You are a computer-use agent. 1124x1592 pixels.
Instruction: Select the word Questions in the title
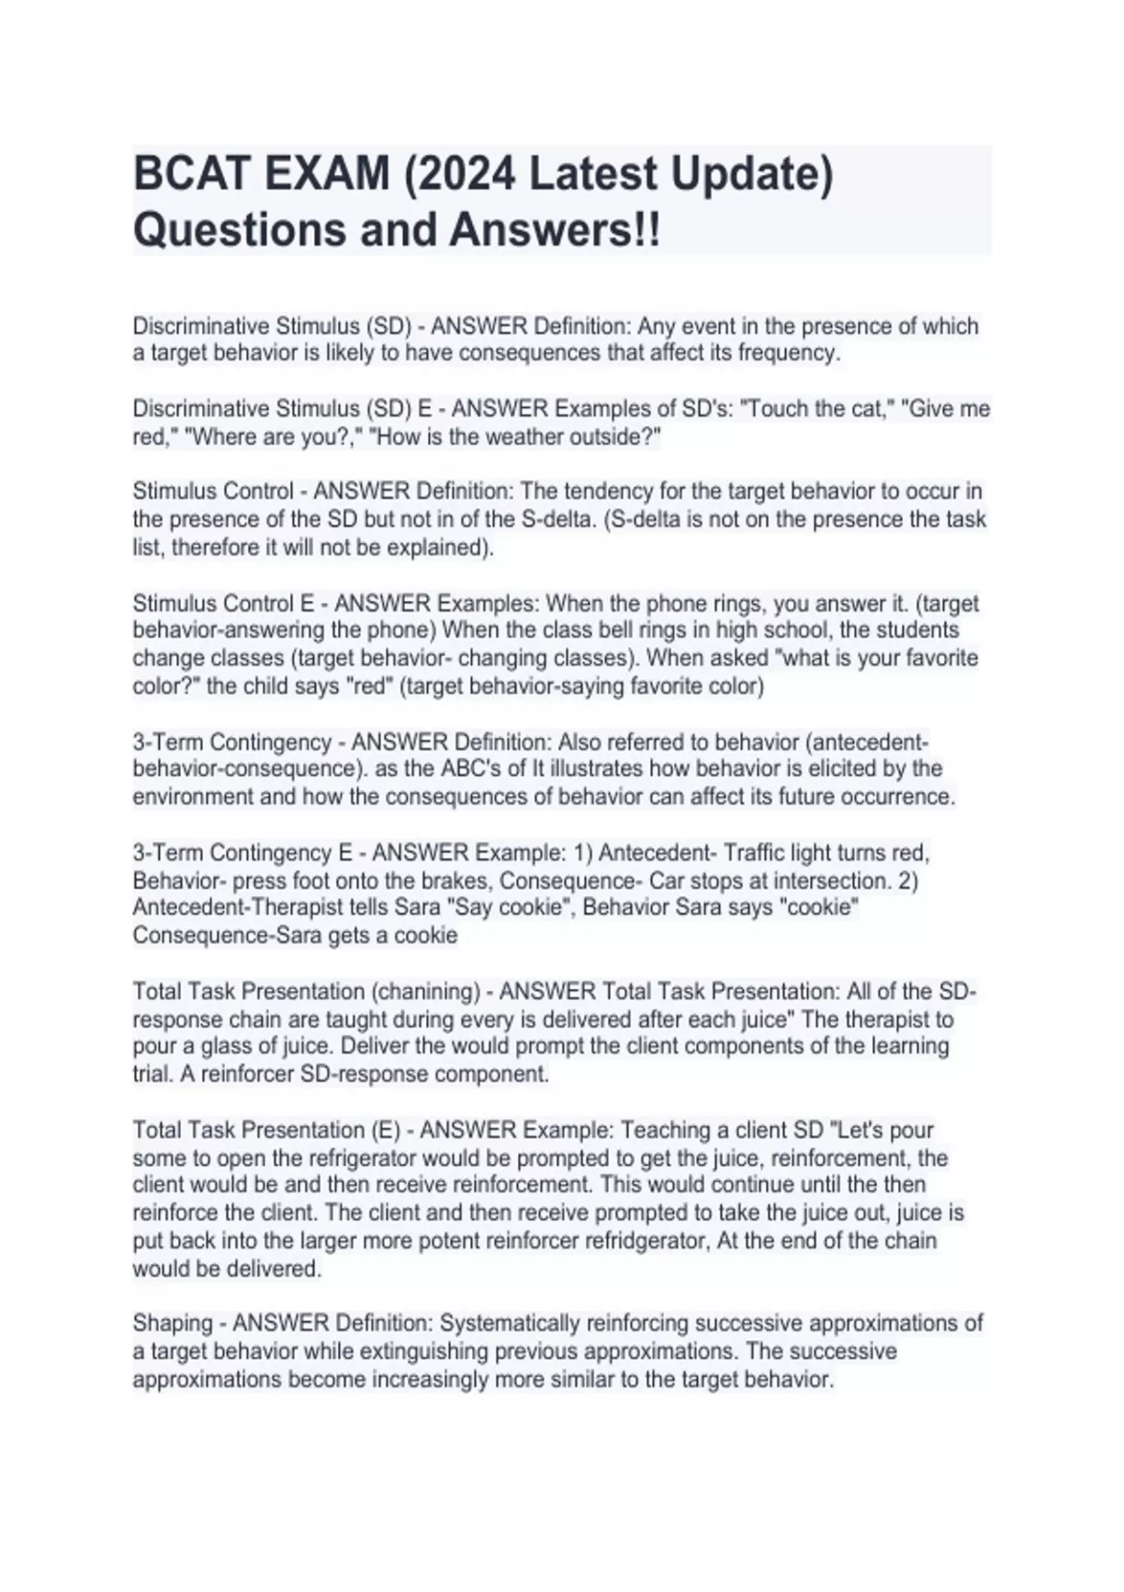point(240,229)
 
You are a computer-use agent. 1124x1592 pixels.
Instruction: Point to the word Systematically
point(510,1323)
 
